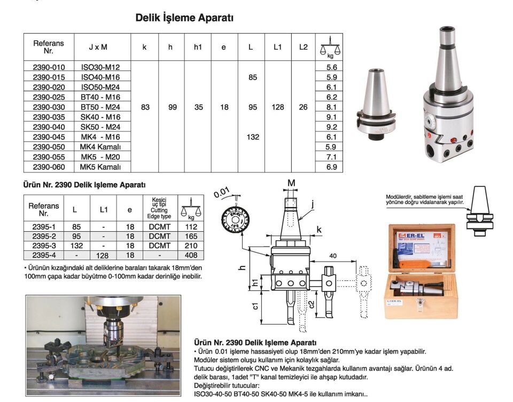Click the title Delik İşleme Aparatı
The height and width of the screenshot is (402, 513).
pos(184,18)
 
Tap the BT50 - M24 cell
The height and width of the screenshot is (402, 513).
pos(100,107)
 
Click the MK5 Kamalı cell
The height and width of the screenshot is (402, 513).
pos(100,167)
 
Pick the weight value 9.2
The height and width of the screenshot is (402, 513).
pos(331,127)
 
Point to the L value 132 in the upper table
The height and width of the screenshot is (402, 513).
pos(253,137)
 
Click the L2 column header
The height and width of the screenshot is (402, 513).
pos(303,47)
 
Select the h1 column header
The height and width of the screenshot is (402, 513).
pos(198,47)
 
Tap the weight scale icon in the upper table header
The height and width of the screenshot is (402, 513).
pos(330,47)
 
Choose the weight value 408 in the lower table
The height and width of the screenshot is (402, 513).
pos(191,256)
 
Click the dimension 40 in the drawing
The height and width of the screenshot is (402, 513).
pos(333,256)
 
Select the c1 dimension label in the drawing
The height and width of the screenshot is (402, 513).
pos(256,306)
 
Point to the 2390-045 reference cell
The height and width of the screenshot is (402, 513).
pos(49,137)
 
